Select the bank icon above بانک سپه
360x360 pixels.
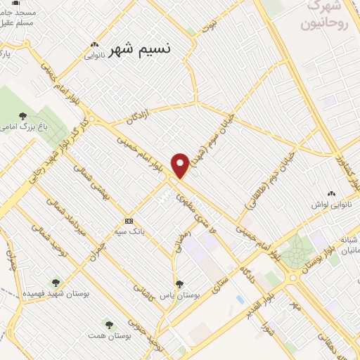tap(128, 219)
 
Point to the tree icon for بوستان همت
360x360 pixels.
tap(108, 324)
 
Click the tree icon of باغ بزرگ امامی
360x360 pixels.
tap(22, 116)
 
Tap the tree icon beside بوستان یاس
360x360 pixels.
tap(180, 284)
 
